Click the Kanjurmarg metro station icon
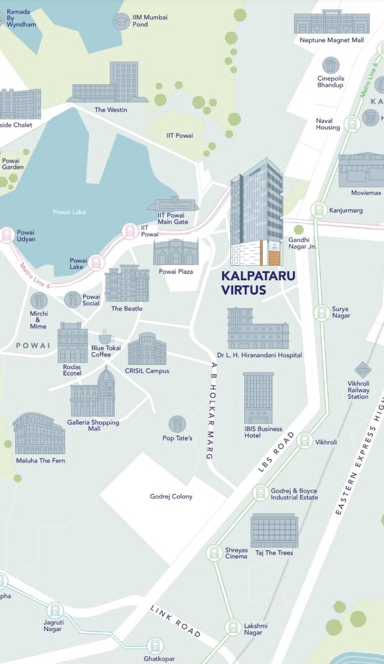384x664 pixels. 319,210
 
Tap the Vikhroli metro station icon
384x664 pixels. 305,440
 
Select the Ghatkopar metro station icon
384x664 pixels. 155,645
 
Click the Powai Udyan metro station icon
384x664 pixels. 7,235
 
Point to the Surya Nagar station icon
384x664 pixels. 322,313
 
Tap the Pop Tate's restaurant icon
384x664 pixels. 177,424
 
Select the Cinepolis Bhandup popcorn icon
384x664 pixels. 330,65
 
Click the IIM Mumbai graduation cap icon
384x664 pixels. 121,21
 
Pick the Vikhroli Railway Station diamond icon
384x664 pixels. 363,370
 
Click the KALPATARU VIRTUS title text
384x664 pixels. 258,283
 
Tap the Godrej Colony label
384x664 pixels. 171,497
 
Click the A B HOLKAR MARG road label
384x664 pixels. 213,410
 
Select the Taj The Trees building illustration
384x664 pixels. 274,531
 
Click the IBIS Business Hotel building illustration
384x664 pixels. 258,398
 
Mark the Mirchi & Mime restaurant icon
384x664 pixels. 39,300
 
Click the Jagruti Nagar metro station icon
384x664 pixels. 55,610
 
